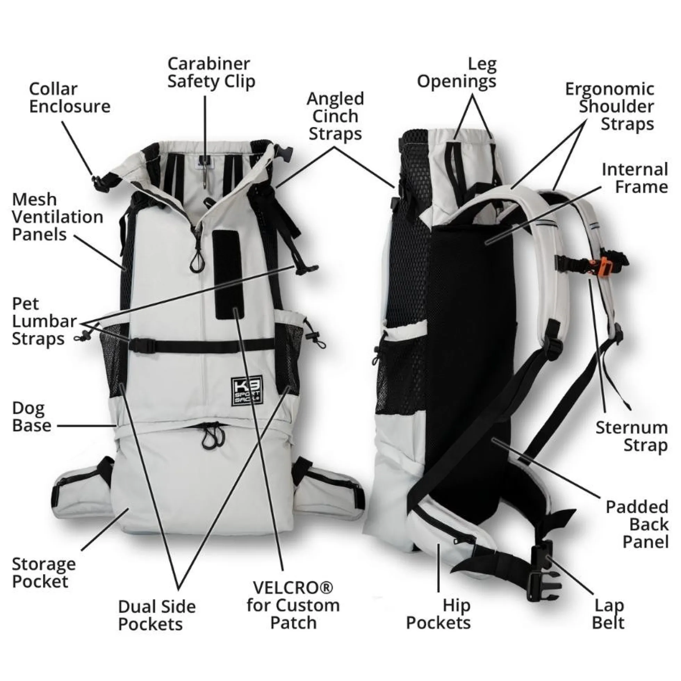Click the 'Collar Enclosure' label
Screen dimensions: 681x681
tap(70, 98)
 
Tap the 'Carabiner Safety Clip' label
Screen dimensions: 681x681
tap(211, 73)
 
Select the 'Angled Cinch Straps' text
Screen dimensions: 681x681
tap(335, 116)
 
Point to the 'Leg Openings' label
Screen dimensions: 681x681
tap(457, 73)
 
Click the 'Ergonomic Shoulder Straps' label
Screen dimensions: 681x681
tap(610, 106)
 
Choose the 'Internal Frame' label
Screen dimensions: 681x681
tap(635, 178)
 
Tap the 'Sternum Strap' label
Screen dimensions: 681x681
tap(632, 436)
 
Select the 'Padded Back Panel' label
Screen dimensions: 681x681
tap(637, 525)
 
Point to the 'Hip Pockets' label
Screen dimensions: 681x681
tap(438, 615)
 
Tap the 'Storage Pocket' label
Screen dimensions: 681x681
tap(44, 573)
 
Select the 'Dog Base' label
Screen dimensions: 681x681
tap(32, 417)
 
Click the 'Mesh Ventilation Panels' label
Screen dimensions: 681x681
tap(57, 217)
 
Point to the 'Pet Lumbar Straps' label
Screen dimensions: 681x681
tap(44, 321)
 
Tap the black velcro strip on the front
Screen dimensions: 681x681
tap(228, 270)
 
